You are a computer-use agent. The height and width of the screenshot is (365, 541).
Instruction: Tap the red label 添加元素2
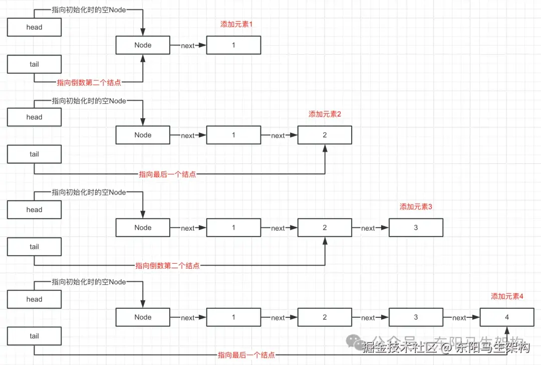tap(325, 114)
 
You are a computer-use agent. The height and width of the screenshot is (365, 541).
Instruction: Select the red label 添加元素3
tap(416, 207)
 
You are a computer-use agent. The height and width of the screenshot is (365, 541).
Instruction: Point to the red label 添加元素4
tap(507, 296)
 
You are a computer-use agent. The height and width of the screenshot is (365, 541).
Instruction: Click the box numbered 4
tap(507, 317)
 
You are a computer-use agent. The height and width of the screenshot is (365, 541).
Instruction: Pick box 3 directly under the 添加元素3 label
tap(416, 228)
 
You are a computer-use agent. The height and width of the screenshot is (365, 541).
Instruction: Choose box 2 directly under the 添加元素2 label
tap(325, 135)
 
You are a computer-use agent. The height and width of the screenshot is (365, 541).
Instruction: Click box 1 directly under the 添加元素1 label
tap(233, 45)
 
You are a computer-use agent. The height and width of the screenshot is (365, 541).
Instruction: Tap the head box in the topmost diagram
tap(34, 27)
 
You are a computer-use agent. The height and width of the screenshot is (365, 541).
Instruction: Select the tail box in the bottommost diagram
tap(34, 336)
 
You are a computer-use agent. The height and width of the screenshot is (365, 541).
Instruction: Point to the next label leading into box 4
tap(459, 318)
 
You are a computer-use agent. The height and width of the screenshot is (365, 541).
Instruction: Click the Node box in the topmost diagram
tap(143, 45)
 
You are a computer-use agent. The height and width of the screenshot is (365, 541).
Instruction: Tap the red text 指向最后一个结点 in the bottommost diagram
tap(246, 355)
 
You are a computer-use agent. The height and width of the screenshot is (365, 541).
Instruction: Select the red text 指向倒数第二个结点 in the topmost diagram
tap(89, 83)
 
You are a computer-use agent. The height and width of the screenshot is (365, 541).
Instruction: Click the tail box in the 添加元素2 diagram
tap(34, 154)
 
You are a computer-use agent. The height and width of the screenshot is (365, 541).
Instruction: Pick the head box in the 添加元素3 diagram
tap(34, 210)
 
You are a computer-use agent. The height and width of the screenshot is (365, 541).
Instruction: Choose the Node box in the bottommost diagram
tap(143, 317)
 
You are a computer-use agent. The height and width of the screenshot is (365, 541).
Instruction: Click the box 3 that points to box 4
tap(416, 317)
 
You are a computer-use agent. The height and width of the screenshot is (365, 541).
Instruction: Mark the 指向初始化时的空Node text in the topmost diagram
tap(89, 10)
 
